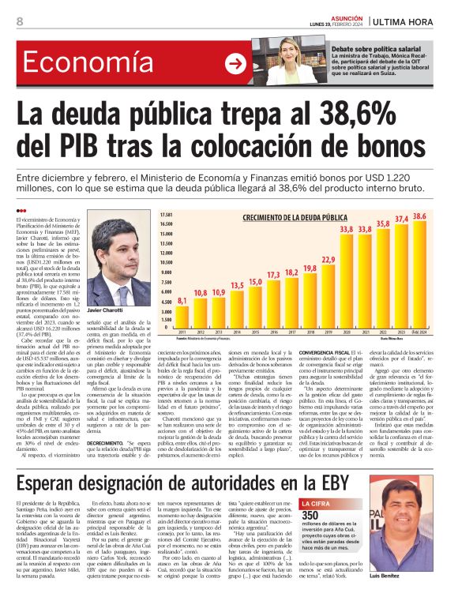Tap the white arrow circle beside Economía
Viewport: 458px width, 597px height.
[x=235, y=64]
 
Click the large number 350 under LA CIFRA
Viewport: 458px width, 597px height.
[x=310, y=494]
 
